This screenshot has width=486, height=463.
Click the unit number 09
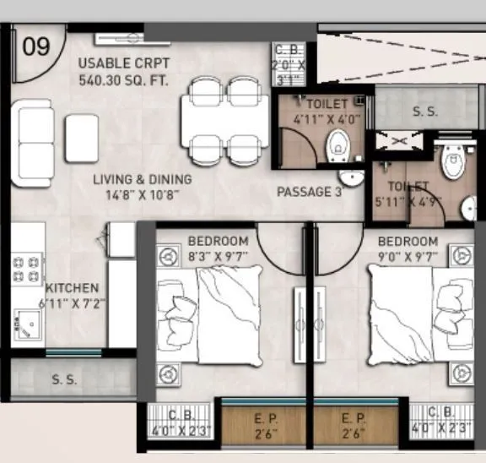pos(36,46)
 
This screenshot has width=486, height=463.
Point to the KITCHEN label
pos(72,288)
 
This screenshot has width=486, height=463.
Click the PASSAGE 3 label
pos(309,192)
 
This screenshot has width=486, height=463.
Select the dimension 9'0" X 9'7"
pos(408,254)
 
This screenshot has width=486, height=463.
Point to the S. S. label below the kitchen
pos(64,379)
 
